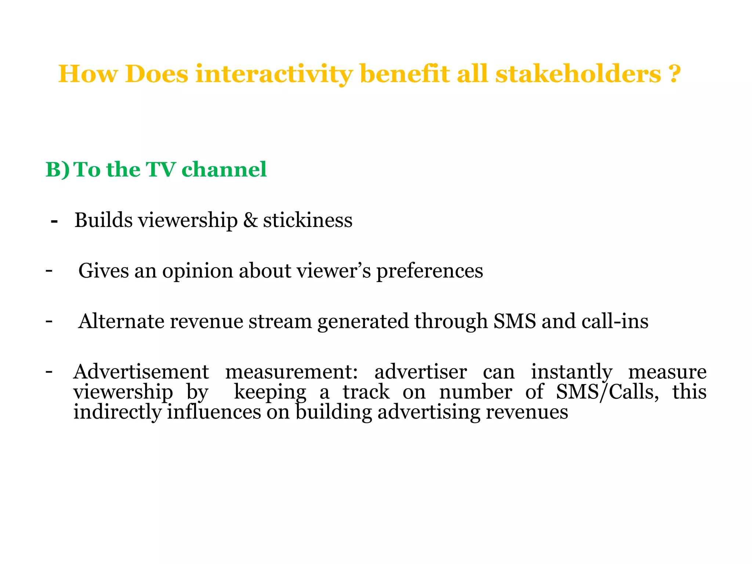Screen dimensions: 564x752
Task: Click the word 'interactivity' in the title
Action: click(x=274, y=74)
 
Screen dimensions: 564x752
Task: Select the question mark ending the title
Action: click(x=674, y=74)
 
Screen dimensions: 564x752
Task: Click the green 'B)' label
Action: click(x=57, y=170)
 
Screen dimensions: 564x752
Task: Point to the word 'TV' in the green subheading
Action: click(x=160, y=170)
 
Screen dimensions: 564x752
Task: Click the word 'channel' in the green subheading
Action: click(x=224, y=170)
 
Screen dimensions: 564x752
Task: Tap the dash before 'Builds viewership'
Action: click(x=54, y=221)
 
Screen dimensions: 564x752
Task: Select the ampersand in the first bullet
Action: click(x=250, y=220)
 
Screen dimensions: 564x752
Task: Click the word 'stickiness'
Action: click(x=308, y=220)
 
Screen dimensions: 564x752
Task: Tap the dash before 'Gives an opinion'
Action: click(x=49, y=271)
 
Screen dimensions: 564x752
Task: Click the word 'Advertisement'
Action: click(x=141, y=372)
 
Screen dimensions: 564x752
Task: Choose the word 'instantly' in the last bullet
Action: click(x=572, y=372)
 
